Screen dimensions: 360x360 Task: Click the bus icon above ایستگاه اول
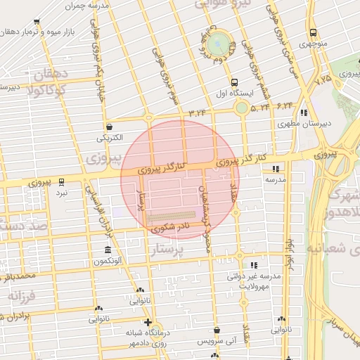click(234, 82)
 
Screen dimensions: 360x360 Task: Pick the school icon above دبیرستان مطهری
click(302, 112)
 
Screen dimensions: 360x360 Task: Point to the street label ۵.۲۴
click(260, 108)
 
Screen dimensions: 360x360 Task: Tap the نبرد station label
click(63, 191)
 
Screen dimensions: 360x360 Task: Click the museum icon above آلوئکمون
click(107, 250)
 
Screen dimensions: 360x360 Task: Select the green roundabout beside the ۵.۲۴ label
click(242, 108)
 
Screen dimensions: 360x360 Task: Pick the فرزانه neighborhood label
click(21, 295)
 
